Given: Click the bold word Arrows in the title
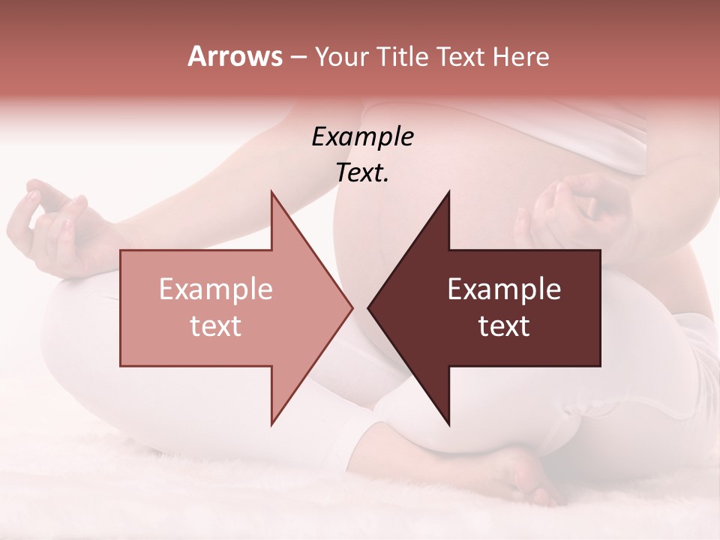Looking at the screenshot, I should [235, 56].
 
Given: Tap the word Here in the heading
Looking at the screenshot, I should [520, 56].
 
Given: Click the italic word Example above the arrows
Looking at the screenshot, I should [363, 137].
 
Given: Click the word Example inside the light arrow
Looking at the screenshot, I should [216, 289].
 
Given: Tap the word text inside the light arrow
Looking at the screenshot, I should [216, 326].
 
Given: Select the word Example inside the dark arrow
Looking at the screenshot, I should [504, 289].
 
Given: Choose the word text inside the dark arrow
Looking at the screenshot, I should [504, 326].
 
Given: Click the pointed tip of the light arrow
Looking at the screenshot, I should [352, 307].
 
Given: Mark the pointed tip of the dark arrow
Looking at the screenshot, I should [368, 307].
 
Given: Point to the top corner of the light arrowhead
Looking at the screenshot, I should [271, 191].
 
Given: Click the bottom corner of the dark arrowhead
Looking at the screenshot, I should [448, 425].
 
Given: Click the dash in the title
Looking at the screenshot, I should [297, 57].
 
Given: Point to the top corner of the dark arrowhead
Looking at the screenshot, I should [448, 191].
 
